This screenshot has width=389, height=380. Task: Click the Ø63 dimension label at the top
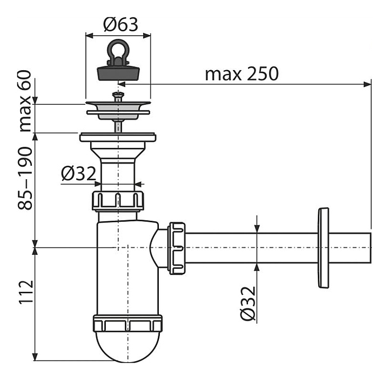click(x=120, y=24)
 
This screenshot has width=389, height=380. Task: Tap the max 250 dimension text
click(x=242, y=73)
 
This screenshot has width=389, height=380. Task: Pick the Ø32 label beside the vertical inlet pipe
click(x=78, y=174)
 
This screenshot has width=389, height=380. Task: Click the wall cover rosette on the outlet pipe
click(x=324, y=248)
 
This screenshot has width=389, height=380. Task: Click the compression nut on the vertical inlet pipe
click(x=118, y=200)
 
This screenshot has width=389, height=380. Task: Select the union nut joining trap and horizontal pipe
click(x=177, y=248)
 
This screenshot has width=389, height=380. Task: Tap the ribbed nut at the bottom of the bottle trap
click(x=128, y=323)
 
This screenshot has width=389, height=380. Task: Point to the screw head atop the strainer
click(x=117, y=96)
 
